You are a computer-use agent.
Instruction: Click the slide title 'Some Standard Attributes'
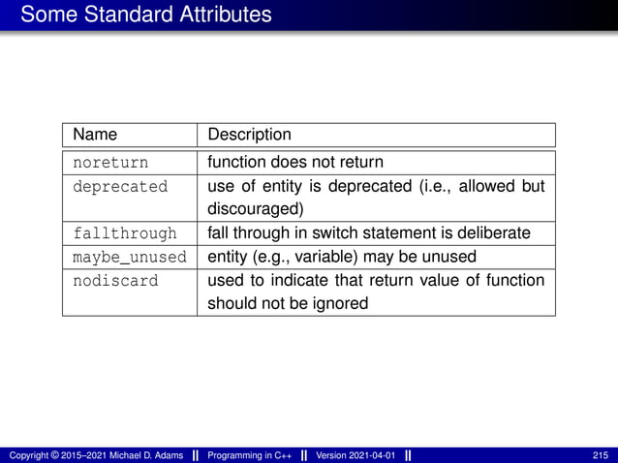(146, 15)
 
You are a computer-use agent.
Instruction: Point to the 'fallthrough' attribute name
(125, 233)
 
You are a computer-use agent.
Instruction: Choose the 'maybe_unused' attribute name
(129, 257)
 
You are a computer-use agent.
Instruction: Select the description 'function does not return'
(294, 162)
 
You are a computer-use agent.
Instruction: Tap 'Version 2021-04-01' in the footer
(355, 455)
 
